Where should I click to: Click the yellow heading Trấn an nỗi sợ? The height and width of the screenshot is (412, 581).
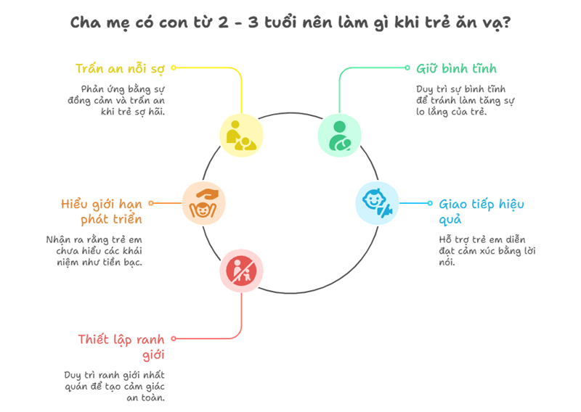[120, 69]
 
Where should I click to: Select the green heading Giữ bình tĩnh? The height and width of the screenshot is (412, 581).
[446, 69]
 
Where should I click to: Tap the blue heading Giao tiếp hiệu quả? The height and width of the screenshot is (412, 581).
[481, 211]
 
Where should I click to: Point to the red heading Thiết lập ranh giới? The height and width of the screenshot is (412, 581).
[121, 346]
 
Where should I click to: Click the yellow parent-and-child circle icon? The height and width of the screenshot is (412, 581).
[240, 135]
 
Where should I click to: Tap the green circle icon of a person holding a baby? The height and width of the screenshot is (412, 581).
[338, 135]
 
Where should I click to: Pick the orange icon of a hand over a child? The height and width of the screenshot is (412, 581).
[203, 203]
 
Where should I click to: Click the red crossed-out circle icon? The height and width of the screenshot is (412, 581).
[240, 271]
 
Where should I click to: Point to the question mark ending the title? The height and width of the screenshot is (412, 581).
[505, 22]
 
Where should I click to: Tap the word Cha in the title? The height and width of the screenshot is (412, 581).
[85, 22]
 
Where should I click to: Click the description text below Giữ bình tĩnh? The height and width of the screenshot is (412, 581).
[460, 100]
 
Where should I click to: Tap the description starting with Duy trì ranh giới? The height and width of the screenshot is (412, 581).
[114, 386]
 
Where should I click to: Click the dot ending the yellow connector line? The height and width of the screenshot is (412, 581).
[173, 68]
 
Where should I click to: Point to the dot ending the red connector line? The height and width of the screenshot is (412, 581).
[173, 339]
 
